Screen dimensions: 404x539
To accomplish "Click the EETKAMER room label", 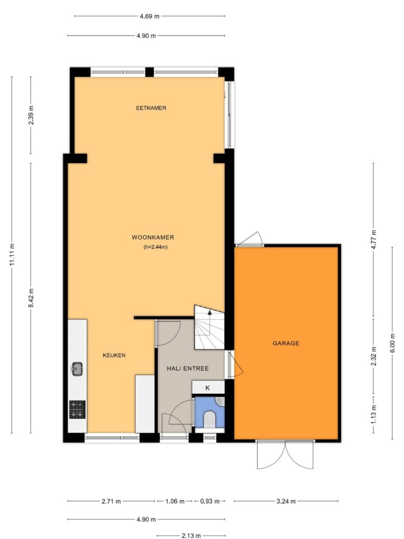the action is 151,108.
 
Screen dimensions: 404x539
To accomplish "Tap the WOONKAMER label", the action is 153,237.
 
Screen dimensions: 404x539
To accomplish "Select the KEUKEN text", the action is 114,355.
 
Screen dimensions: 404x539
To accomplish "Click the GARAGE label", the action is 286,343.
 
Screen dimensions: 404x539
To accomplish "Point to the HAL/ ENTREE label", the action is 188,368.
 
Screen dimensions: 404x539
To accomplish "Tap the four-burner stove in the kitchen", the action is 77,410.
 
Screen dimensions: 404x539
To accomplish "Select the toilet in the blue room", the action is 209,420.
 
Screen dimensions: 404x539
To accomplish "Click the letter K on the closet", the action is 207,388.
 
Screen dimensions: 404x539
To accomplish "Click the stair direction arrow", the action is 209,313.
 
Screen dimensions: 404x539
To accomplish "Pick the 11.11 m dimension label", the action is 12,254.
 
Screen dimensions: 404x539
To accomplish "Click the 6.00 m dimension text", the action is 392,343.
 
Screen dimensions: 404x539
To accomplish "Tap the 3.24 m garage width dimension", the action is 286,501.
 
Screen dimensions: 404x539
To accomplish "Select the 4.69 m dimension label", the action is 149,16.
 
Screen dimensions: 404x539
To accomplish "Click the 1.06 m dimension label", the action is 175,501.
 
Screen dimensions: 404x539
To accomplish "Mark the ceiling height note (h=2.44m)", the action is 156,247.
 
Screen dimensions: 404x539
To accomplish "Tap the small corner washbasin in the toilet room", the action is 220,402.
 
